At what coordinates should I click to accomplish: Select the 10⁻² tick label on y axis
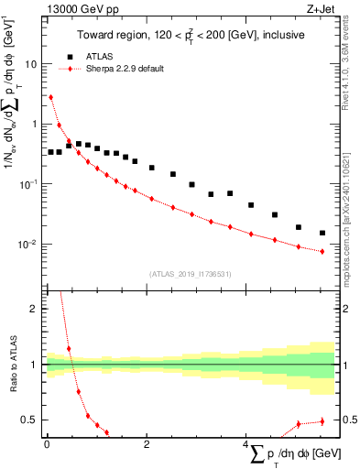pos(31,244)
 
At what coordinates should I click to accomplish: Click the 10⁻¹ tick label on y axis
pos(31,184)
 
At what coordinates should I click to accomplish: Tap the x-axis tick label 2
pos(147,444)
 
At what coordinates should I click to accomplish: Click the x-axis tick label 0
pos(47,444)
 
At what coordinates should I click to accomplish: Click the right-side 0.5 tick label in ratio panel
pos(348,420)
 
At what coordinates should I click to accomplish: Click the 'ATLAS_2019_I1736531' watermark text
pos(191,274)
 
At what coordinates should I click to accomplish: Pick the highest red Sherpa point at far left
pos(50,97)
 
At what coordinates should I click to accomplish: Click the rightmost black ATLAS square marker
pos(322,233)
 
